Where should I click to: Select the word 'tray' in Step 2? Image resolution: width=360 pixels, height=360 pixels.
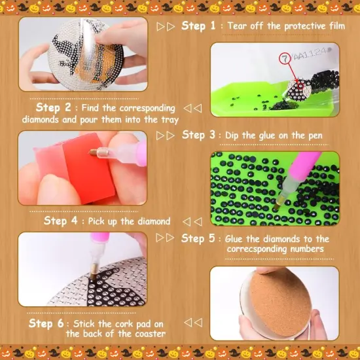[166, 119]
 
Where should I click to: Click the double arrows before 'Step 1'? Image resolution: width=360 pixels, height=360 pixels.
[166, 27]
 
